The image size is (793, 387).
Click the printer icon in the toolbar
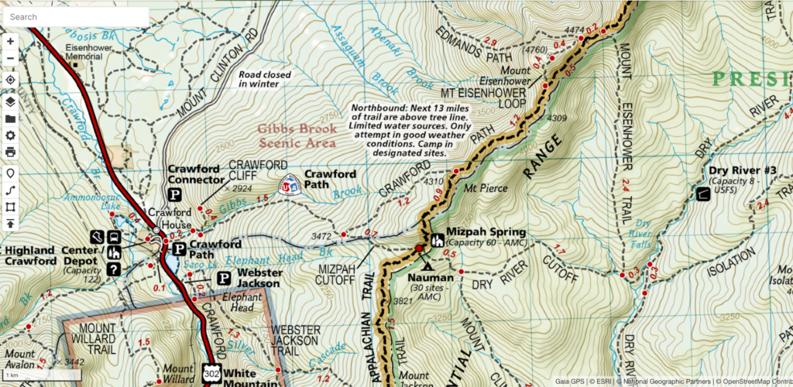[x=11, y=152]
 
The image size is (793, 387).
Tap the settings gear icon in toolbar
[x=11, y=135]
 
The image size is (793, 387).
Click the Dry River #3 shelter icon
[x=702, y=193]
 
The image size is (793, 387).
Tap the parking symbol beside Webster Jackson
[x=224, y=278]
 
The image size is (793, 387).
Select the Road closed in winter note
[x=268, y=80]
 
